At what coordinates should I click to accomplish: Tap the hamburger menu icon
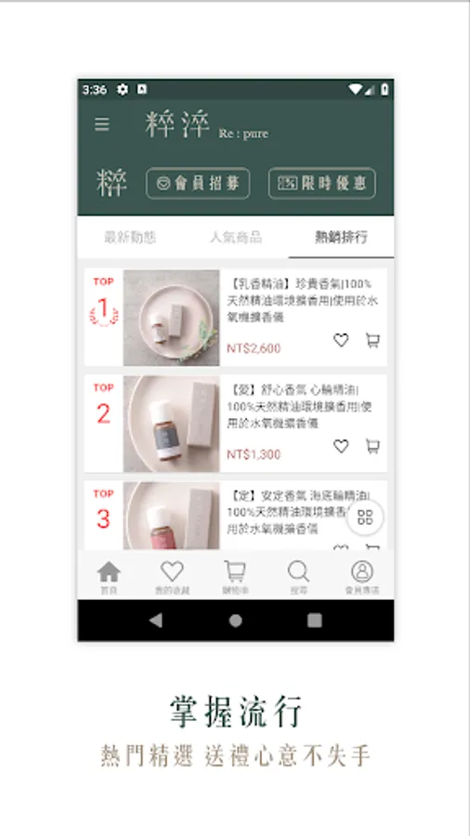(x=102, y=124)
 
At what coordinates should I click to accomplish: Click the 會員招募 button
(x=198, y=183)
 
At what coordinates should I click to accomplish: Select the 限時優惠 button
(x=321, y=183)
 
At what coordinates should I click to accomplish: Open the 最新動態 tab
(x=130, y=237)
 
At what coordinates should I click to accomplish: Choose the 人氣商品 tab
(x=235, y=237)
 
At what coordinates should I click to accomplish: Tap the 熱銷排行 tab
(x=341, y=237)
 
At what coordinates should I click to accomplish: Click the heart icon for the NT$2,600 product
(x=341, y=341)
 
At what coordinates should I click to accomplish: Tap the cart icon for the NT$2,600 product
(x=372, y=341)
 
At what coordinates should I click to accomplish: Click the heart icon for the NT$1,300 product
(x=341, y=447)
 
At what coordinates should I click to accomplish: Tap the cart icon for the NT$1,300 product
(x=372, y=447)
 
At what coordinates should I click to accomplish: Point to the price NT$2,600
(x=254, y=348)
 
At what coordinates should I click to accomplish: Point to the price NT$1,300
(x=254, y=454)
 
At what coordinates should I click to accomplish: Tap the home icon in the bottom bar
(x=109, y=576)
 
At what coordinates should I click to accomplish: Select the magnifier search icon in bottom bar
(x=298, y=576)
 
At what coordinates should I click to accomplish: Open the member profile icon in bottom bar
(x=362, y=576)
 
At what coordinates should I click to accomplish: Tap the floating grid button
(x=365, y=518)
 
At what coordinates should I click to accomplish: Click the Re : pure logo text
(x=243, y=134)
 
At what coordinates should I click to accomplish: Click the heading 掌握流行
(x=236, y=712)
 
